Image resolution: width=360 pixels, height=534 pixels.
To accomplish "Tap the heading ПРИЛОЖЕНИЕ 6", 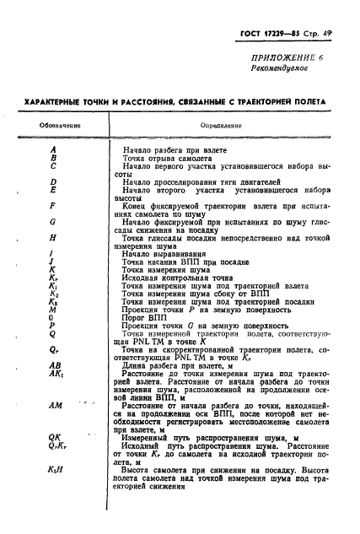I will pyautogui.click(x=289, y=56).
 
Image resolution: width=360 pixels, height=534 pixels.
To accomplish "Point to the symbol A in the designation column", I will pyautogui.click(x=53, y=149).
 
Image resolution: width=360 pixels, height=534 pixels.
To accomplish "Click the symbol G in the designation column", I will pyautogui.click(x=53, y=222).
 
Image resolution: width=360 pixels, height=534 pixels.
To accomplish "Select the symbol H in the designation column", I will pyautogui.click(x=53, y=238).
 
